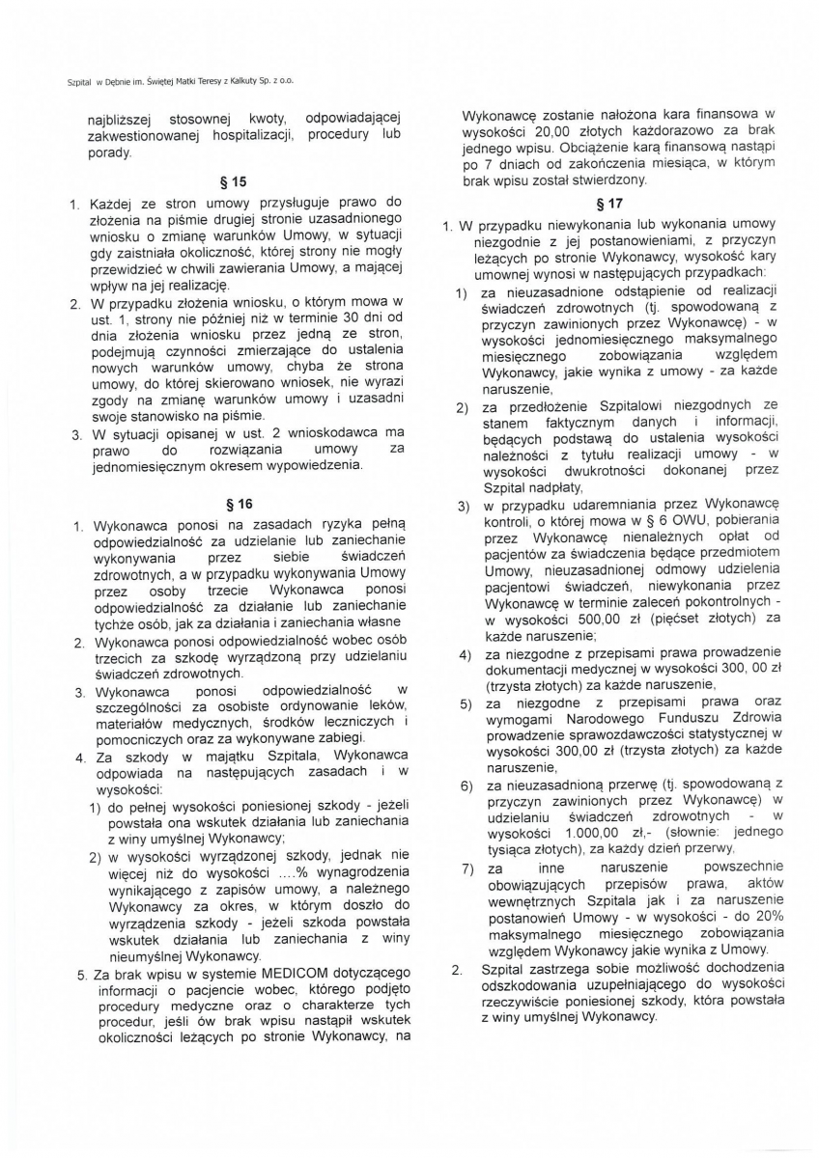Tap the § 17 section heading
point(609,204)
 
